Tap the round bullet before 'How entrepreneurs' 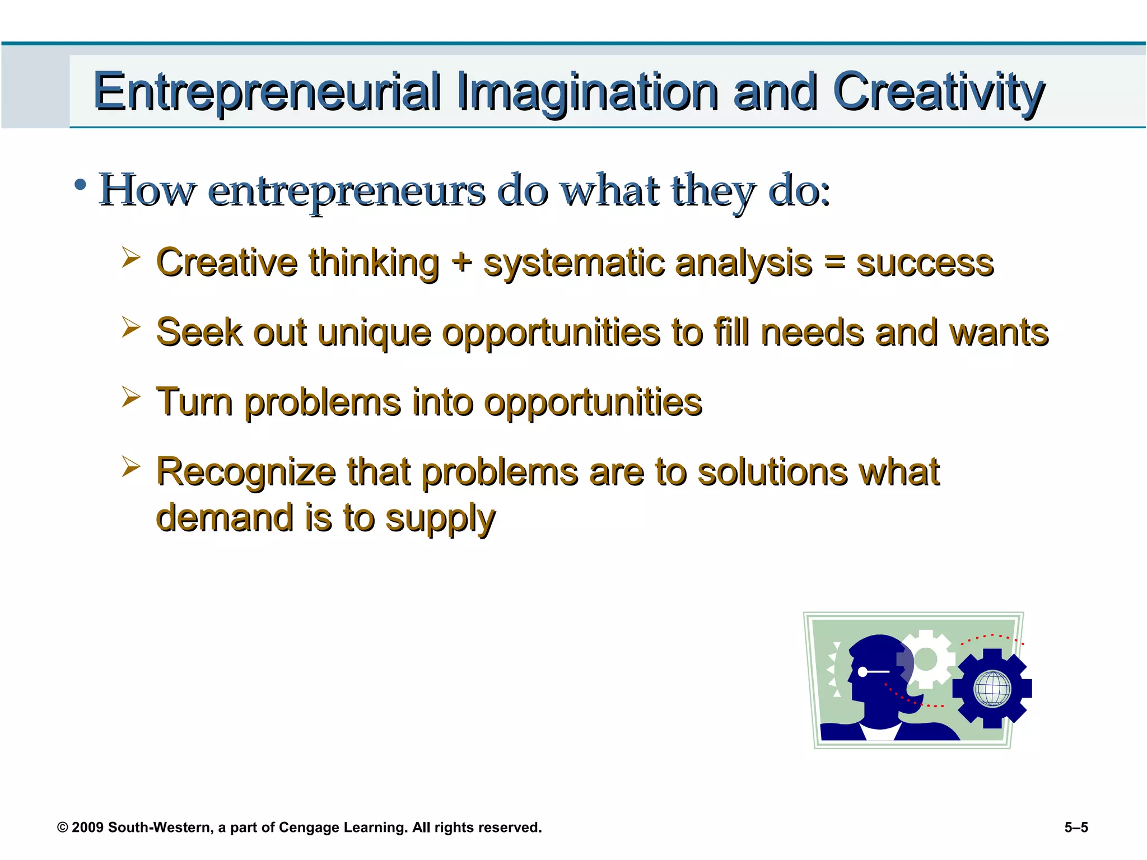(x=81, y=185)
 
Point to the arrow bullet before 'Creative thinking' (x=130, y=258)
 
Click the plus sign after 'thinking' (x=461, y=261)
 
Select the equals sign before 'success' (x=834, y=262)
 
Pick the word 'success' (x=925, y=263)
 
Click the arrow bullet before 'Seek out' (x=130, y=327)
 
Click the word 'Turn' (x=194, y=402)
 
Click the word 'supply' (x=440, y=518)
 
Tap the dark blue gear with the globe (x=992, y=688)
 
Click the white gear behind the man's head (x=927, y=658)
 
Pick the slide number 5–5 (x=1076, y=828)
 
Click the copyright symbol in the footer (x=63, y=828)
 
